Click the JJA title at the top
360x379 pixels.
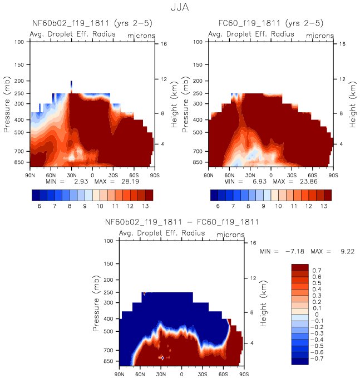tap(180, 8)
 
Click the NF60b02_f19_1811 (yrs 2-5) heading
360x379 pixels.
tap(92, 23)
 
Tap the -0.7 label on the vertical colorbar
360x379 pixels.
tap(318, 359)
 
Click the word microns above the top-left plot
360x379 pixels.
tap(141, 35)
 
